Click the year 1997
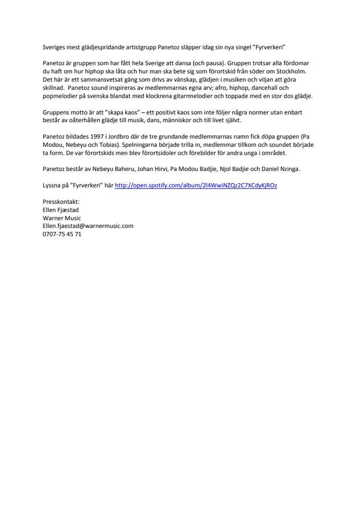(x=103, y=137)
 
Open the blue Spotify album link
(x=196, y=185)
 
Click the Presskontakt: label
(x=61, y=202)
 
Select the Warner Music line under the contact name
(x=62, y=218)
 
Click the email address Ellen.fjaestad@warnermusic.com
(x=88, y=226)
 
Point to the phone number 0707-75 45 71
(x=62, y=234)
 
